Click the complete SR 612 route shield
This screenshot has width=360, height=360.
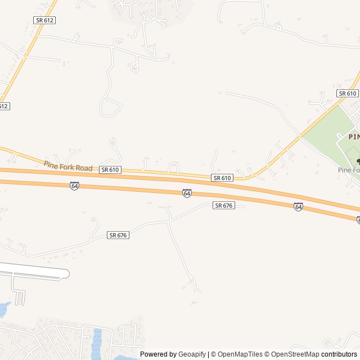[44, 20]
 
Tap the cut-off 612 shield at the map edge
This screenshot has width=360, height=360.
[4, 106]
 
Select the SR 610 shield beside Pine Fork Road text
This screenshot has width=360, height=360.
[110, 169]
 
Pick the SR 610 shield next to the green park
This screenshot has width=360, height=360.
[347, 93]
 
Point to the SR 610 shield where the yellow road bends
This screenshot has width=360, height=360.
[222, 178]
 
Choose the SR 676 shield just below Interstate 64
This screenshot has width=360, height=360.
[223, 206]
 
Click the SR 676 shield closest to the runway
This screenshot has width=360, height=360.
[118, 235]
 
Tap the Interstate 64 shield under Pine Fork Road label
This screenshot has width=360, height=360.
[74, 186]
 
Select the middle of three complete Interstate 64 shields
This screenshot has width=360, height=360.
[187, 193]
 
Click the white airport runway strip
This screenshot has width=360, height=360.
[34, 273]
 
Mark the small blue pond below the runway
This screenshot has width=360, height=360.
[3, 309]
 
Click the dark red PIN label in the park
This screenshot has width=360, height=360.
[353, 137]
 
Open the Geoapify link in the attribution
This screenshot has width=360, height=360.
[192, 354]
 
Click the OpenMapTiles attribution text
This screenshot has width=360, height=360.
[240, 354]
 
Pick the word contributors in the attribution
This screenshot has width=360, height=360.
[339, 354]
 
